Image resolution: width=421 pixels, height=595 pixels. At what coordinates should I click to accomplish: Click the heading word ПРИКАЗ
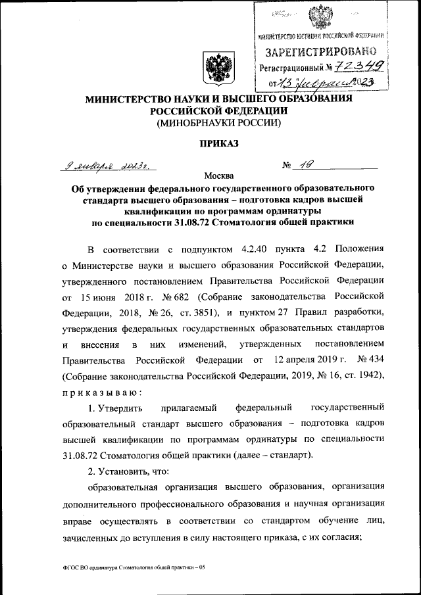pos(210,143)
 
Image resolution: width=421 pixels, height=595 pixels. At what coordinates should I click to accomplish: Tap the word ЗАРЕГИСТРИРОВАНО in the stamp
pos(320,51)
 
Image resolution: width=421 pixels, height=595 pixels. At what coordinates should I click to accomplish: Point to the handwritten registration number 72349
pos(360,66)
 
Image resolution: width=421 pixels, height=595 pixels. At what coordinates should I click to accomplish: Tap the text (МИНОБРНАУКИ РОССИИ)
pos(210,123)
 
